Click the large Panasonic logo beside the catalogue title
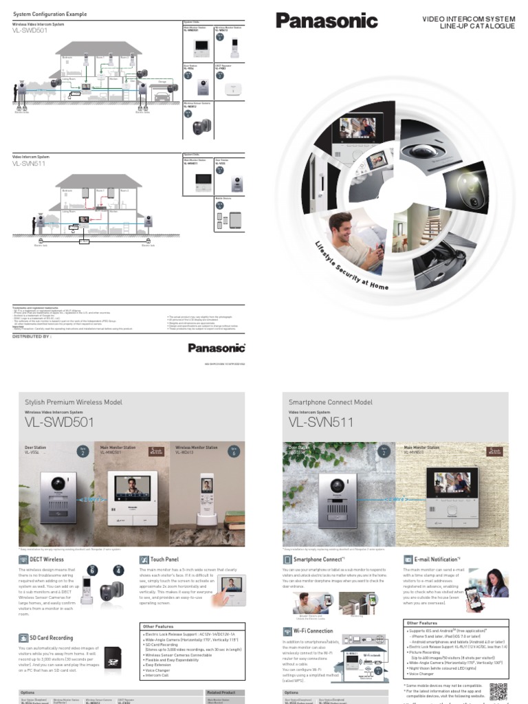point(327,21)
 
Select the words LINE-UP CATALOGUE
point(477,26)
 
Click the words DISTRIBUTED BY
point(32,318)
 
